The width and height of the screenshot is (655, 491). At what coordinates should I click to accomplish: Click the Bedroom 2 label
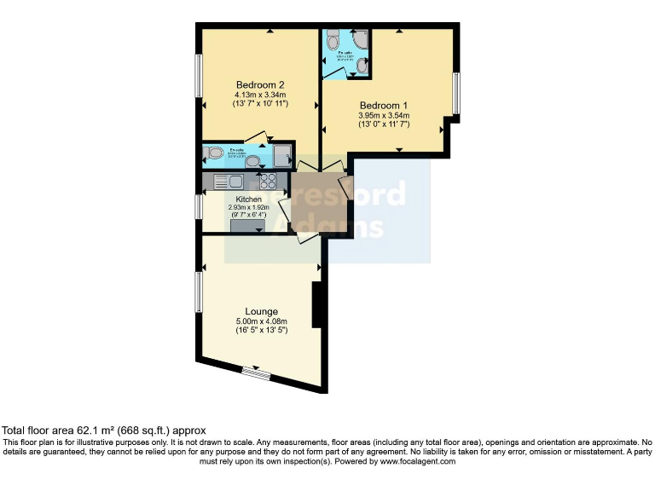pyautogui.click(x=260, y=84)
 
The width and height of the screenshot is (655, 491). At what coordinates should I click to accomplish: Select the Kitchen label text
pyautogui.click(x=248, y=199)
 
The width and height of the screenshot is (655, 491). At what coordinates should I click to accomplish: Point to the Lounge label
pyautogui.click(x=260, y=311)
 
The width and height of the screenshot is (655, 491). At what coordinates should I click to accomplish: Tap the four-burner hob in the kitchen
pyautogui.click(x=268, y=181)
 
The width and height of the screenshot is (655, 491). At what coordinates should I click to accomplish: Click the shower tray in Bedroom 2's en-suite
pyautogui.click(x=281, y=153)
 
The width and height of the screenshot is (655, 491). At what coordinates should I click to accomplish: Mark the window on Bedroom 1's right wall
pyautogui.click(x=456, y=93)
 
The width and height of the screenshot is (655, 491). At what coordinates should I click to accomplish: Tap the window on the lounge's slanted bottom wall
pyautogui.click(x=255, y=372)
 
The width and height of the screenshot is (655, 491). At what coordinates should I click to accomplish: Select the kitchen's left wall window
pyautogui.click(x=198, y=206)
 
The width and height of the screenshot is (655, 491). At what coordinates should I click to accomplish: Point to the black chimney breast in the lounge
pyautogui.click(x=316, y=304)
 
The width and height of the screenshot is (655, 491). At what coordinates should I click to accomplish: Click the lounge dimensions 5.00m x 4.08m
pyautogui.click(x=260, y=321)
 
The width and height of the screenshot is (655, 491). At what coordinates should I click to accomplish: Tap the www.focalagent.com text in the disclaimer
pyautogui.click(x=416, y=461)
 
